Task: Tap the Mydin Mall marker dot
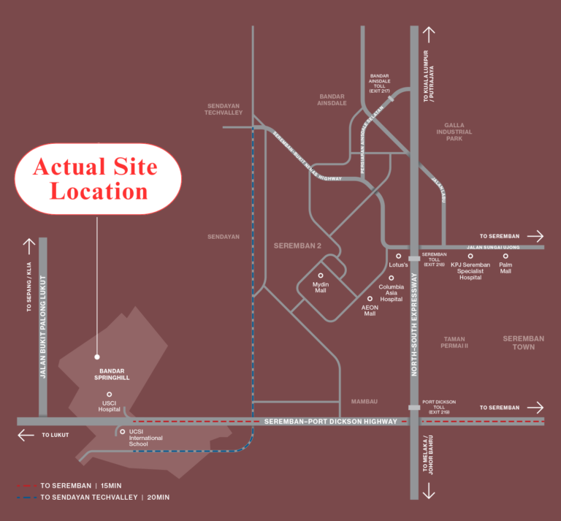click(320, 275)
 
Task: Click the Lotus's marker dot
click(398, 256)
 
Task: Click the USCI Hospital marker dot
click(109, 395)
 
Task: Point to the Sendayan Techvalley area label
click(224, 110)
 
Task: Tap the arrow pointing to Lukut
click(26, 436)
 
